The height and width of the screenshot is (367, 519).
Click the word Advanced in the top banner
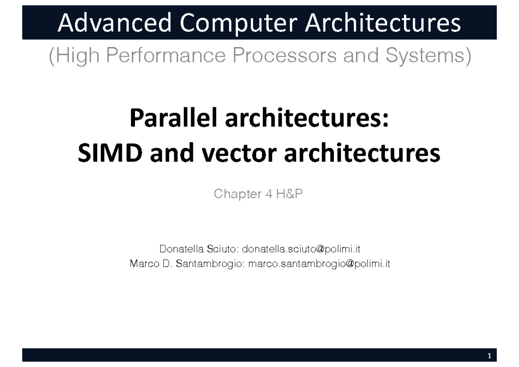pyautogui.click(x=112, y=23)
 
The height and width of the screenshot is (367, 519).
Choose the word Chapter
pyautogui.click(x=236, y=194)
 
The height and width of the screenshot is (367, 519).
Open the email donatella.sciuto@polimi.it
pyautogui.click(x=301, y=249)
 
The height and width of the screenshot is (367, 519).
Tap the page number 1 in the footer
pyautogui.click(x=489, y=356)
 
